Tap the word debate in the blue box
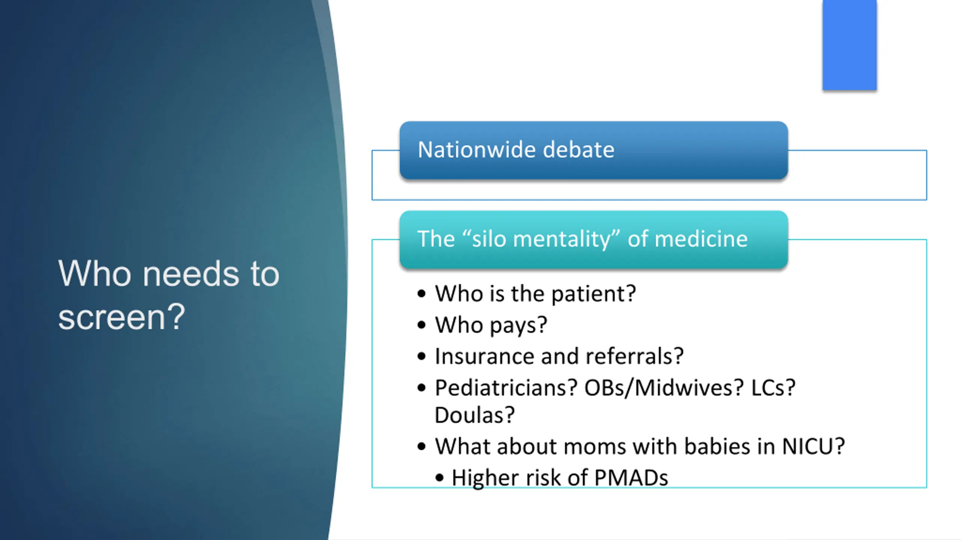click(579, 150)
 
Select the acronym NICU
click(813, 446)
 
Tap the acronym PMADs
click(631, 478)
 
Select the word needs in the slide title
click(191, 274)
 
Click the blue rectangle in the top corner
click(850, 45)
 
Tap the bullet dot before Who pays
click(422, 325)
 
